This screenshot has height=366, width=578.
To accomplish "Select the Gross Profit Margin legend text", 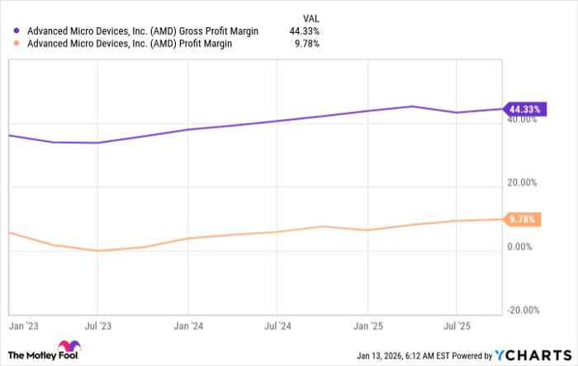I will (142, 31).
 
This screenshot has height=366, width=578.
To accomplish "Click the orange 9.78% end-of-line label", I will (523, 219).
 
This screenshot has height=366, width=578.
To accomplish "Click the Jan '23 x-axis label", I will (21, 326).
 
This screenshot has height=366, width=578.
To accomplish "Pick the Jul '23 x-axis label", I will (98, 326).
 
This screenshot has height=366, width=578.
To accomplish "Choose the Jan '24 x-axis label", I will (189, 326).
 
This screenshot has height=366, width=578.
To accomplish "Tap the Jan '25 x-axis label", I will (367, 326).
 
